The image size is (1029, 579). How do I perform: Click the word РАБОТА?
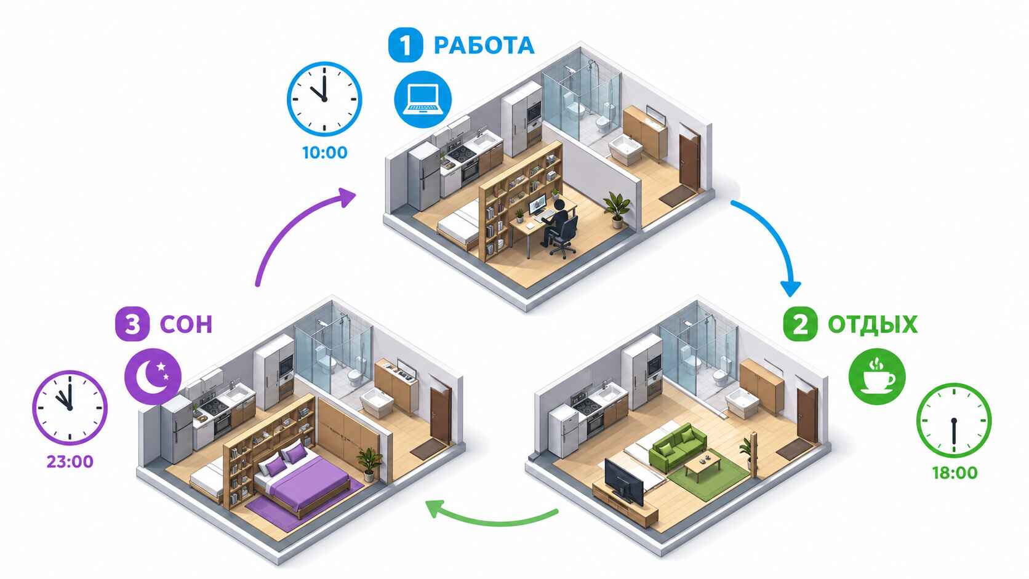[484, 46]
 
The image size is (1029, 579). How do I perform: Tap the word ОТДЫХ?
[872, 325]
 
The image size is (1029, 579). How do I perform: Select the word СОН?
[186, 324]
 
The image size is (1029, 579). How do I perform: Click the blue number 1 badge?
[405, 45]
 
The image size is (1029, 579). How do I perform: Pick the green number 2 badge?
[800, 325]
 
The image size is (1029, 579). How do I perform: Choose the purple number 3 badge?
[132, 324]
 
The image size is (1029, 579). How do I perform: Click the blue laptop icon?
[423, 99]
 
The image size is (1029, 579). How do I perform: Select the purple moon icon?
[153, 377]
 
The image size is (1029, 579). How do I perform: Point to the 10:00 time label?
[325, 153]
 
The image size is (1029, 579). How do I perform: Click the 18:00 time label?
[955, 473]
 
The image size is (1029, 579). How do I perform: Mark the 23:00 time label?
[70, 461]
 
